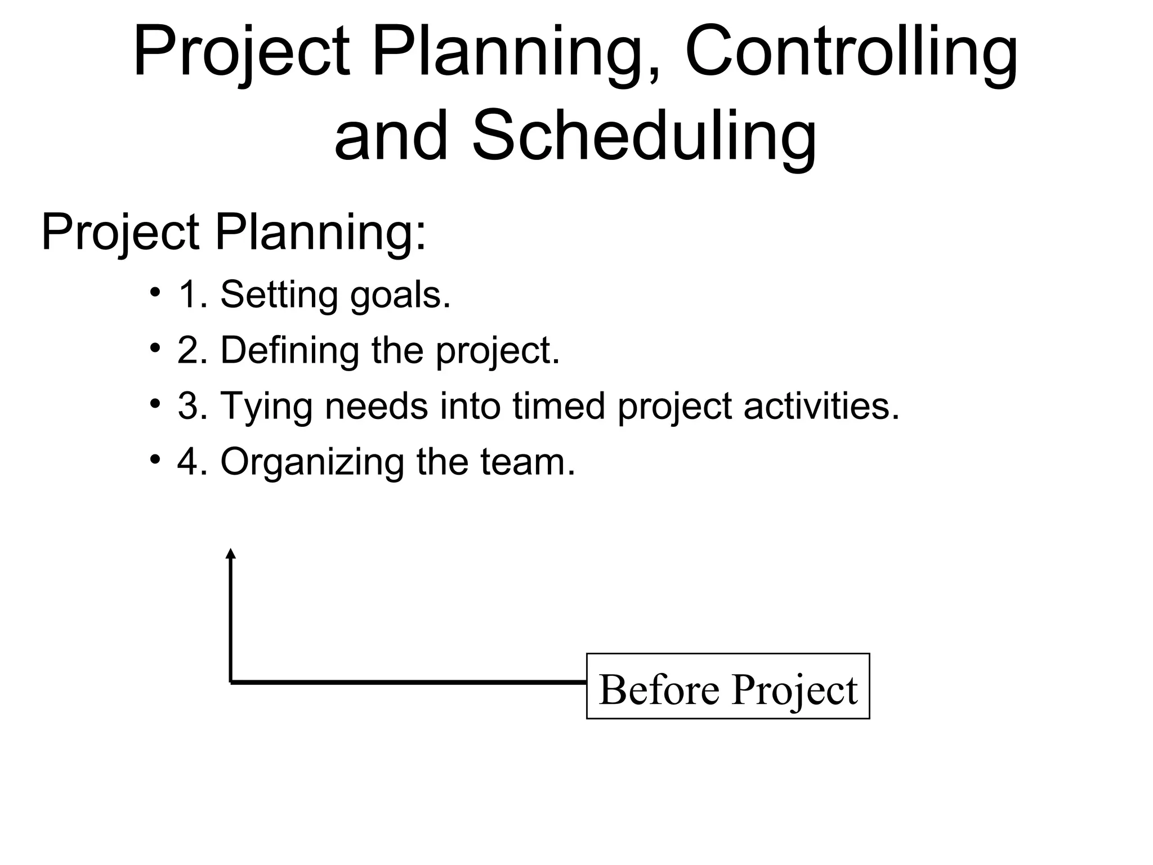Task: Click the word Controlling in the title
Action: point(851,53)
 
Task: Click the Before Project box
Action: point(727,686)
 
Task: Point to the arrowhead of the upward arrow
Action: point(230,554)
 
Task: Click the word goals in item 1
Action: point(400,295)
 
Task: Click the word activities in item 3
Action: point(821,405)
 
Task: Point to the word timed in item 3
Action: point(558,405)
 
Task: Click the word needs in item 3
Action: point(376,405)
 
